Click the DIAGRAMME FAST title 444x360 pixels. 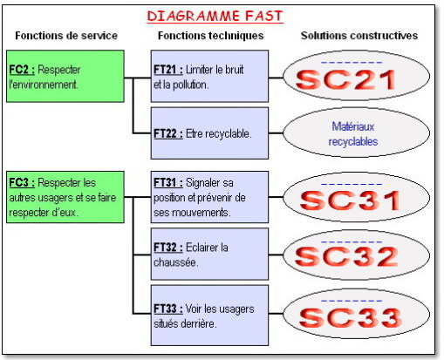pyautogui.click(x=215, y=16)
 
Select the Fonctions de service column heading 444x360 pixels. pyautogui.click(x=66, y=36)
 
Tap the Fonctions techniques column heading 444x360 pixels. pyautogui.click(x=210, y=36)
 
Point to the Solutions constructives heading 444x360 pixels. pyautogui.click(x=359, y=36)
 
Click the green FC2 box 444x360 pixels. pyautogui.click(x=65, y=76)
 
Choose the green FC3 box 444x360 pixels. pyautogui.click(x=65, y=197)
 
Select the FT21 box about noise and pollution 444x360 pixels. pyautogui.click(x=209, y=76)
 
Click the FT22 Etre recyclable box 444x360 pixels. pyautogui.click(x=209, y=133)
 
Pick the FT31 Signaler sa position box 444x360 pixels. pyautogui.click(x=209, y=197)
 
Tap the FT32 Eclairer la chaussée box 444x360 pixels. pyautogui.click(x=209, y=254)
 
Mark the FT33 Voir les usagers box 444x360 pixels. pyautogui.click(x=209, y=316)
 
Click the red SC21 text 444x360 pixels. pyautogui.click(x=345, y=79)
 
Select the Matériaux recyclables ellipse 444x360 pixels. pyautogui.click(x=357, y=133)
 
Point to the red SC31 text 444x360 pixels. pyautogui.click(x=350, y=200)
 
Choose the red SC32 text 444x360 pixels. pyautogui.click(x=346, y=256)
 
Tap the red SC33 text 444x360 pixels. pyautogui.click(x=351, y=317)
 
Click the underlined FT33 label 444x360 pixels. pyautogui.click(x=168, y=309)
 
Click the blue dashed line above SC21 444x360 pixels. pyautogui.click(x=352, y=63)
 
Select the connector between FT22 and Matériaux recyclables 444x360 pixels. pyautogui.click(x=276, y=133)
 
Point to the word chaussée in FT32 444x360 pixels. pyautogui.click(x=175, y=262)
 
